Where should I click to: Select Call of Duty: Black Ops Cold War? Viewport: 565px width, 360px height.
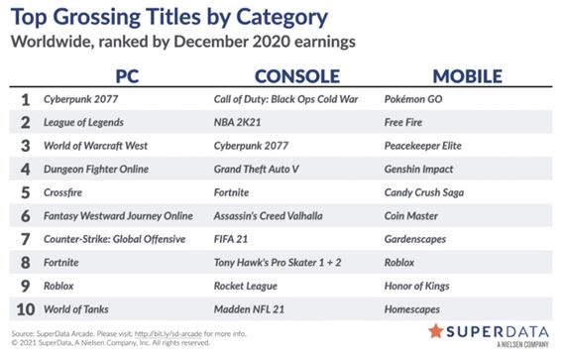pos(284,100)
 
